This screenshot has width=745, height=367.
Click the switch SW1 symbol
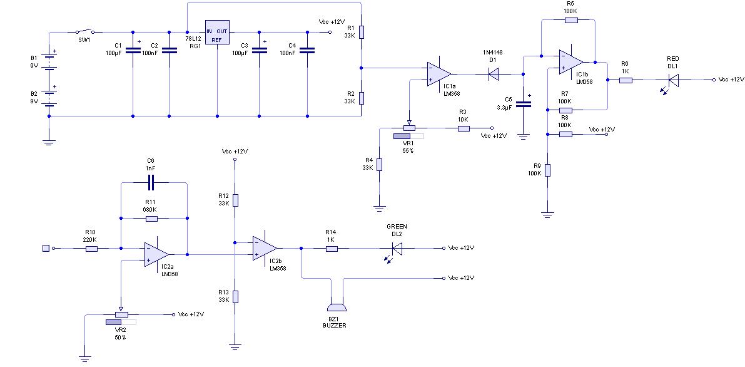pos(85,31)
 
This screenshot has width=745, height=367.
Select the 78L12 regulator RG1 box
pos(217,33)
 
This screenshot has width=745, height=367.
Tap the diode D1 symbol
pos(493,74)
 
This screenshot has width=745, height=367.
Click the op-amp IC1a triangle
pos(438,74)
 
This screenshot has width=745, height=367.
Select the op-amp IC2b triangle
pos(265,248)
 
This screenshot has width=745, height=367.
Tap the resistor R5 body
pos(571,20)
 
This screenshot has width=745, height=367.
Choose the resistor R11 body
pos(151,219)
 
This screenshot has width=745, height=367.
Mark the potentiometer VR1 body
pos(408,128)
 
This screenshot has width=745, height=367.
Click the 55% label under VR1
pos(408,150)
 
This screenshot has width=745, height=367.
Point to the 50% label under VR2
pos(121,337)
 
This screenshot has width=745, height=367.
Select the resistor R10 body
pos(92,248)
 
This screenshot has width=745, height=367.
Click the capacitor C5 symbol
pos(524,104)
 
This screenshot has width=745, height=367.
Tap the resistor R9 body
pos(547,170)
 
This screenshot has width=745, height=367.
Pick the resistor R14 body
pos(331,248)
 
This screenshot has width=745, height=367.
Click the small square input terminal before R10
pos(46,248)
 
